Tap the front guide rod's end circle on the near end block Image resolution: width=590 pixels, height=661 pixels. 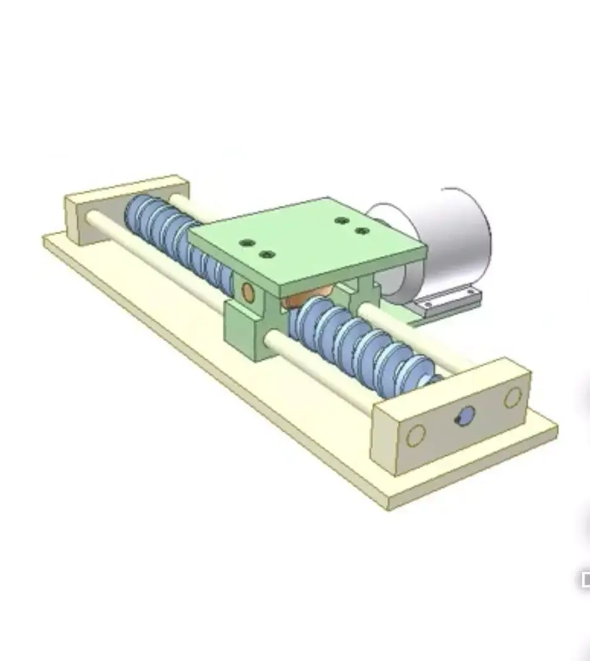point(416,436)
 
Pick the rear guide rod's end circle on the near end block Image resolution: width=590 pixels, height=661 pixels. point(512,397)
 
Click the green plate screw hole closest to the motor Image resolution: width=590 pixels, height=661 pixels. point(362,231)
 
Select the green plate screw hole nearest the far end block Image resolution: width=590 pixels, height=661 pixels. point(247,243)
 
